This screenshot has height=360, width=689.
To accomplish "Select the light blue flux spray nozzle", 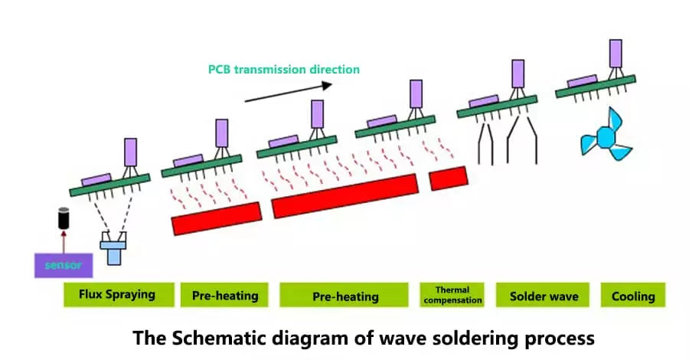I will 113,248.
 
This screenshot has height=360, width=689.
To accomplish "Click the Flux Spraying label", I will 117,294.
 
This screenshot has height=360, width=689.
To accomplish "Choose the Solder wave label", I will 544,296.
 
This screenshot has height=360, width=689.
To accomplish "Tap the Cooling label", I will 633,296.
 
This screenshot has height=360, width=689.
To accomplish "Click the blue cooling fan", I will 607,137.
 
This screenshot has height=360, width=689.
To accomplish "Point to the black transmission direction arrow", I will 289,91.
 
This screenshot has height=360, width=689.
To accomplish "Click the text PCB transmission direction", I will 283,69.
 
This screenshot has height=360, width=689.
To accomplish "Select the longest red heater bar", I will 345,195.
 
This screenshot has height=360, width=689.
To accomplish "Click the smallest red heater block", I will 448,178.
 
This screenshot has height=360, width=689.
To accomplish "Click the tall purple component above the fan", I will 616,54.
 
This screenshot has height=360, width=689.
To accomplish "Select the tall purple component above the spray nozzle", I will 130,152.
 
